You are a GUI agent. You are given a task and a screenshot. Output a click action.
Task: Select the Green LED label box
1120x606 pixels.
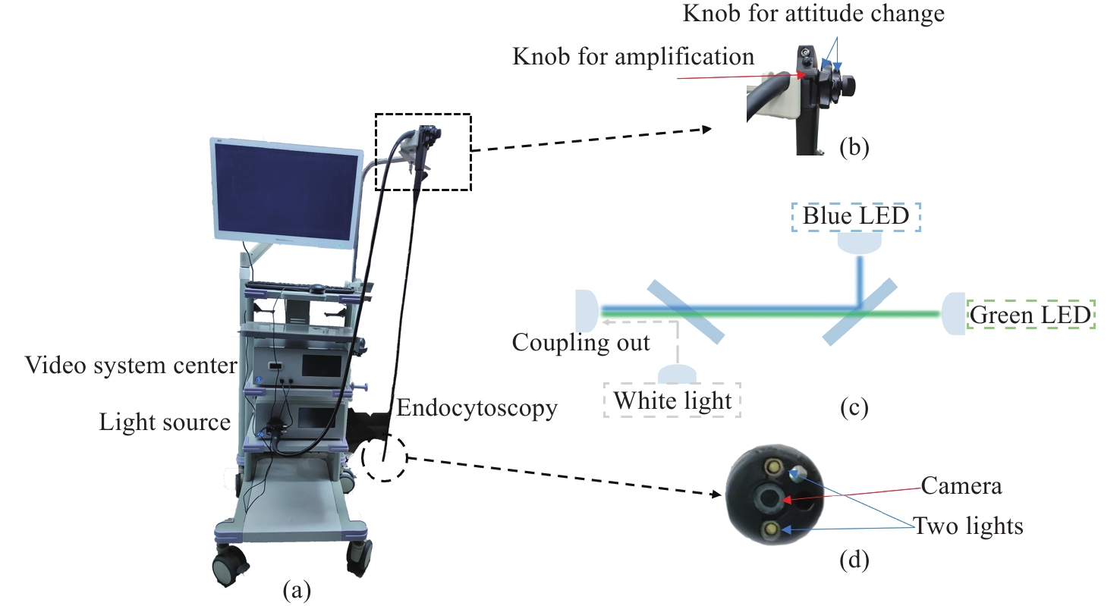[1030, 314]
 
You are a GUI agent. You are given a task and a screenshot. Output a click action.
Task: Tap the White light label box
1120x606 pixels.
[672, 400]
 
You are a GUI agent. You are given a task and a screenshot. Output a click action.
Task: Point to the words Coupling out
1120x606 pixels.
[581, 342]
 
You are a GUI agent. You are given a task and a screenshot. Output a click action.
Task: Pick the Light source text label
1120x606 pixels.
[165, 422]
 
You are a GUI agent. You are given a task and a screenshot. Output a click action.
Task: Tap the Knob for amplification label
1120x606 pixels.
[634, 57]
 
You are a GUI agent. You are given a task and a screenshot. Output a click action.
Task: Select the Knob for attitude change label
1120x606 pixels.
[813, 13]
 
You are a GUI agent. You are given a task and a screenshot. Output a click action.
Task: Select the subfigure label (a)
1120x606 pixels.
[296, 590]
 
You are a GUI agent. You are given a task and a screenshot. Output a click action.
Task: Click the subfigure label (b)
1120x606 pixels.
[854, 147]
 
